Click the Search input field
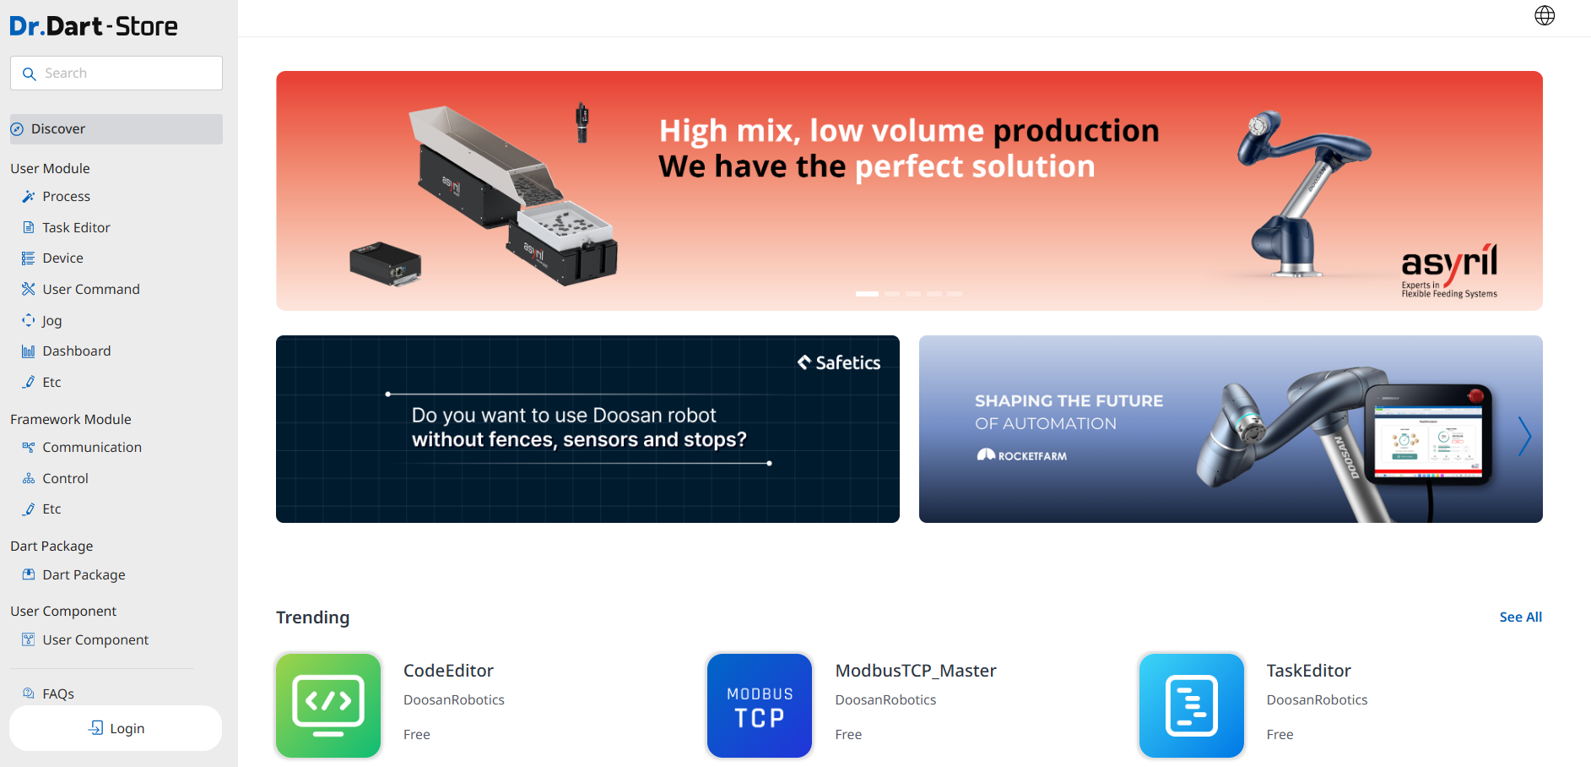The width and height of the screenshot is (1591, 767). [116, 73]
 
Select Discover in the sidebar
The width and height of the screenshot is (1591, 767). [116, 129]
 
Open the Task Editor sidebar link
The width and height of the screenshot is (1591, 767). [76, 227]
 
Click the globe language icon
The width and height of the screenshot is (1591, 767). [1545, 16]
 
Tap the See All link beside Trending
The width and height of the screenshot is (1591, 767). [1520, 617]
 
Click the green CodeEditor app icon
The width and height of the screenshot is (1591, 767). [328, 705]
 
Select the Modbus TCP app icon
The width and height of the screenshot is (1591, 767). [760, 705]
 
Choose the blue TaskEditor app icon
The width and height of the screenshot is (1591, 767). [1192, 705]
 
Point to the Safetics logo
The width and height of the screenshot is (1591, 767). [839, 362]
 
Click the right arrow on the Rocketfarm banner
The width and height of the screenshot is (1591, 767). [1524, 437]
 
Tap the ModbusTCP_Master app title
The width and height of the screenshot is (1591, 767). [916, 671]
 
